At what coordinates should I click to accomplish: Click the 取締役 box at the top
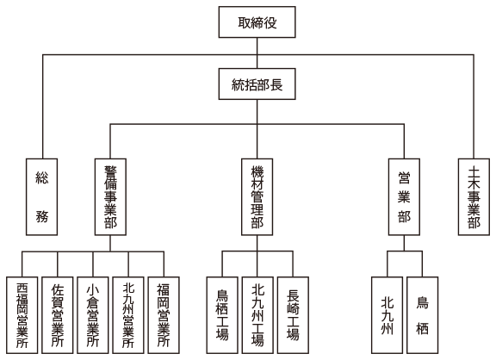click(x=257, y=22)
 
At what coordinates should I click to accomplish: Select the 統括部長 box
click(x=257, y=84)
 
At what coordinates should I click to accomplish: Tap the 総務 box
click(x=41, y=196)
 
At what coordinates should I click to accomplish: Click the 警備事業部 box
click(x=110, y=196)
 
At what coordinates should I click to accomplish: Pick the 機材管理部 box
click(x=257, y=196)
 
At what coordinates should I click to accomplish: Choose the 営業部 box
click(x=404, y=196)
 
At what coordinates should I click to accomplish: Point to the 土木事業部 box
click(x=474, y=196)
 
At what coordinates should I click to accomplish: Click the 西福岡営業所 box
click(x=22, y=315)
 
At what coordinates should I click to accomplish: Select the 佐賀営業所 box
click(x=58, y=315)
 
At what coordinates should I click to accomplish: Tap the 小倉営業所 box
click(x=93, y=315)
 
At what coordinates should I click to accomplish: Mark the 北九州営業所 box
click(x=128, y=315)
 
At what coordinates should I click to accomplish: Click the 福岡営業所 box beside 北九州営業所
click(x=164, y=315)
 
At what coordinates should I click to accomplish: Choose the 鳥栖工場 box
click(x=222, y=315)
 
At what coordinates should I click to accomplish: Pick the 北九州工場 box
click(x=257, y=315)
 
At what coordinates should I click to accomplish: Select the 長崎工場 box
click(x=293, y=315)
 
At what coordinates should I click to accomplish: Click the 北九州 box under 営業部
click(x=387, y=315)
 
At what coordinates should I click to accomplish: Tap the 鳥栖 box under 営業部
click(x=422, y=315)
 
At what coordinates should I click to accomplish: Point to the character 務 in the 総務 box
click(x=41, y=216)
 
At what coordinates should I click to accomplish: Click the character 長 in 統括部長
click(x=276, y=84)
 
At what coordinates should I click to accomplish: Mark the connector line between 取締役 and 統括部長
click(x=257, y=53)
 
